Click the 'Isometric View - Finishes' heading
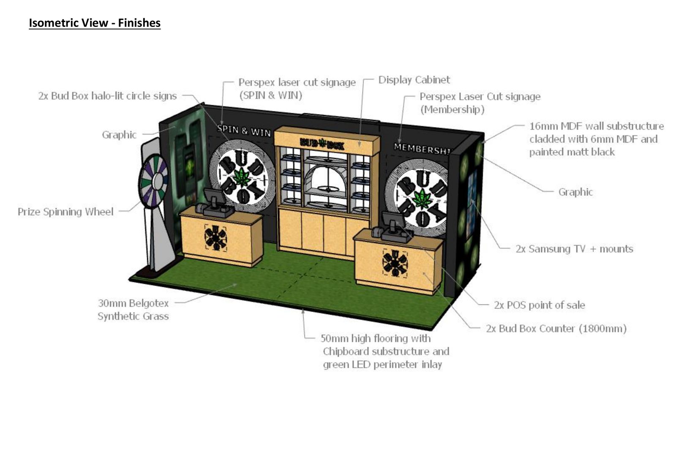(95, 23)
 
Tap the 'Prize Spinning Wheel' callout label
(65, 212)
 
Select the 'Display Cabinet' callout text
(414, 80)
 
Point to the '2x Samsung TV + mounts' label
(574, 249)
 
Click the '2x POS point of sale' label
(539, 305)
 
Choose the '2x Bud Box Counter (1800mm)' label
(556, 329)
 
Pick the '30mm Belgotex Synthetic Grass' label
(133, 310)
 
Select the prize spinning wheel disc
(153, 181)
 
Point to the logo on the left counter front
(215, 238)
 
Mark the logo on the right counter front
(395, 263)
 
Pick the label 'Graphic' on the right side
(575, 192)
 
